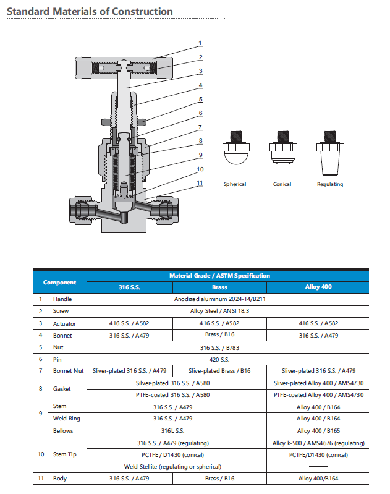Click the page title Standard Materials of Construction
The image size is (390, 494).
(90, 12)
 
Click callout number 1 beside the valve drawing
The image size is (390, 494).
(200, 43)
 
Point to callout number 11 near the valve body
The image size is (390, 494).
(200, 182)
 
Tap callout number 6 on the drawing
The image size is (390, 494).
(200, 113)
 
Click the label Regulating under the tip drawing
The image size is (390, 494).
(329, 184)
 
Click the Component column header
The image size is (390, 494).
(60, 282)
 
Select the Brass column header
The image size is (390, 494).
(219, 287)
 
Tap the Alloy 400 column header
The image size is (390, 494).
(318, 287)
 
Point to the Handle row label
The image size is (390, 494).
(62, 299)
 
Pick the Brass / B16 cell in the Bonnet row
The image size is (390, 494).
(219, 335)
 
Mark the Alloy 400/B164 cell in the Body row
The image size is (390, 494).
(318, 479)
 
